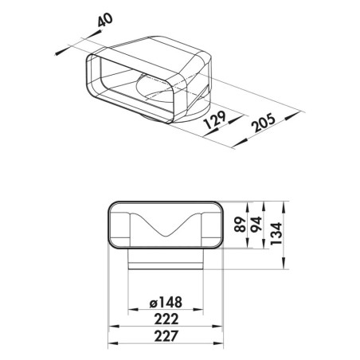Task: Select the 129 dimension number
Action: coord(215,119)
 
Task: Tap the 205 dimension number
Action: coord(264,123)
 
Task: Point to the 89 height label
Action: coord(241,225)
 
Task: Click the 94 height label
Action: coord(256,225)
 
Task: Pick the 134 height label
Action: coord(276,233)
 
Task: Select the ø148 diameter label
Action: coord(166,303)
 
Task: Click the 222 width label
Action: coord(166,319)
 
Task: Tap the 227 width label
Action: coord(166,336)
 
